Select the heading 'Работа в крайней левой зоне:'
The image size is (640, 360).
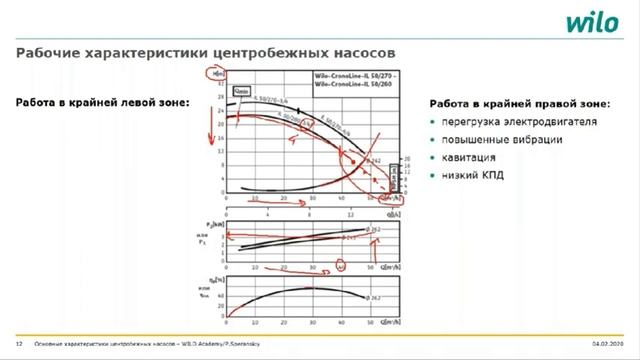[x=102, y=102]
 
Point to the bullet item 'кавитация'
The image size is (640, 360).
[x=469, y=158]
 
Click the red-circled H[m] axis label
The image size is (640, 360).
[x=213, y=74]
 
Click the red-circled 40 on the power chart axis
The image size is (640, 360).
[x=341, y=266]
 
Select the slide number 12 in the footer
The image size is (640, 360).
[x=19, y=343]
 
